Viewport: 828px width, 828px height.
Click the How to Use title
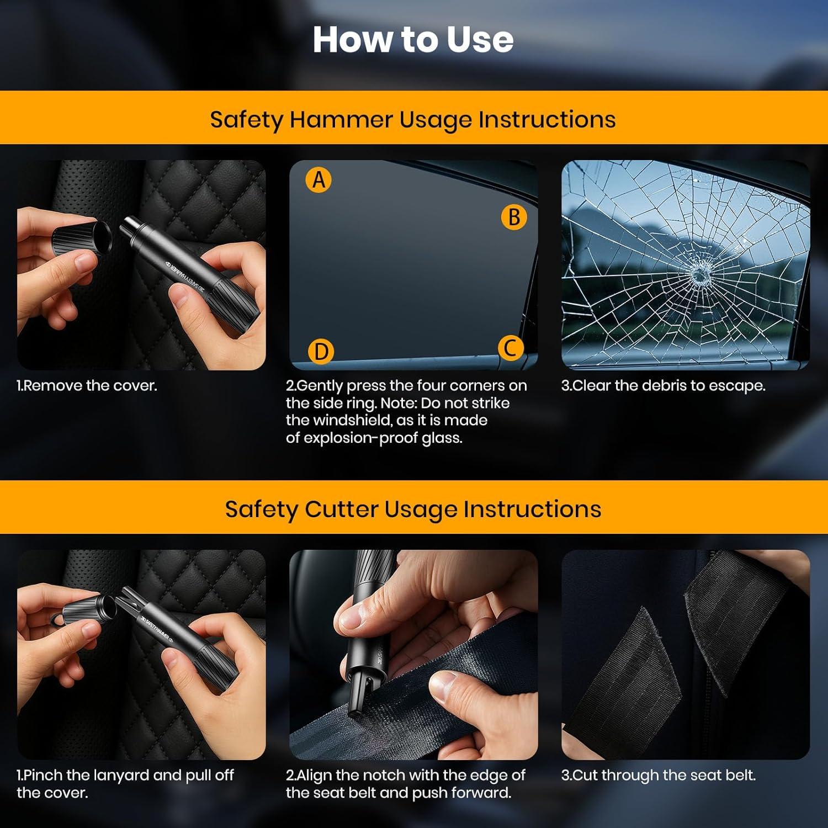(x=413, y=40)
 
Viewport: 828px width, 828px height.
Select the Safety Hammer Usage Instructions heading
(x=413, y=120)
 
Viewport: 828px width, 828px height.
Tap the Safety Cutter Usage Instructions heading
(x=413, y=509)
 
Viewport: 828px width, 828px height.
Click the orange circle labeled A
(x=319, y=180)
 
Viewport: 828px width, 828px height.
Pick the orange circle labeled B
(x=514, y=217)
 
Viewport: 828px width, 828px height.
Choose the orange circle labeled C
(x=511, y=348)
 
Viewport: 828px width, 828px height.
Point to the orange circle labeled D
(x=321, y=352)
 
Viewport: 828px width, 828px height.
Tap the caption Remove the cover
(x=87, y=385)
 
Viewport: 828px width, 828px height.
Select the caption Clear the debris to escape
(x=664, y=386)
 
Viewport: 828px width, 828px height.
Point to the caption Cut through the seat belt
(x=659, y=775)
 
